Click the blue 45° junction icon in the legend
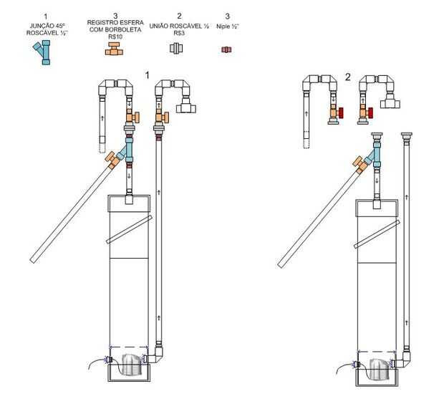[44, 52]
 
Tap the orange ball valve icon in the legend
[114, 49]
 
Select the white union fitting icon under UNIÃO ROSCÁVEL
[176, 49]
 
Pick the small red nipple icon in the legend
[226, 49]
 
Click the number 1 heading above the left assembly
[147, 74]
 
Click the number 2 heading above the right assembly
[348, 77]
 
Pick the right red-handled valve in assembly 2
[369, 113]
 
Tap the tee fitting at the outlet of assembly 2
[391, 103]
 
